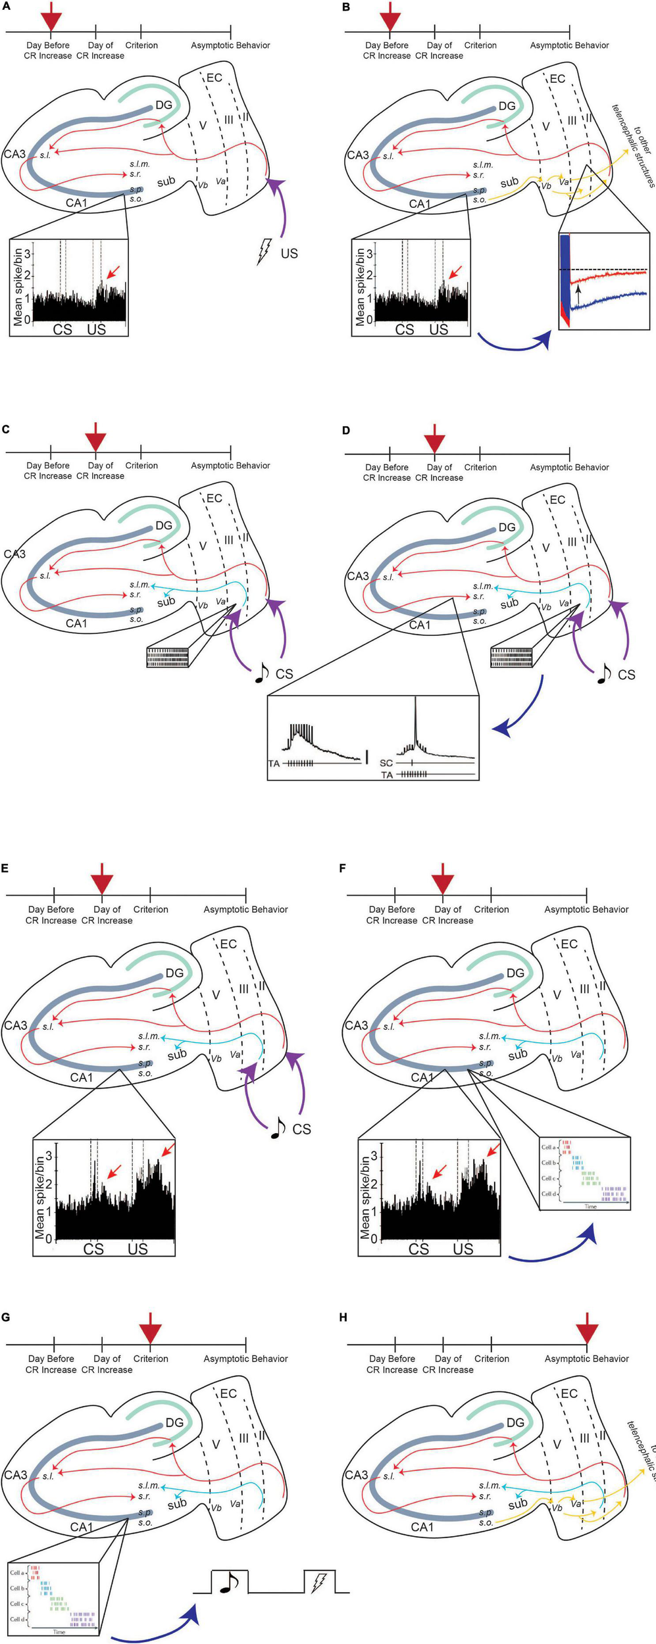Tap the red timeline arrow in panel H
click(x=586, y=1327)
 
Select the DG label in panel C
click(x=164, y=525)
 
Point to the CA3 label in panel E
click(x=16, y=1025)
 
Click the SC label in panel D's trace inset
click(x=386, y=763)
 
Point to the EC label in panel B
click(x=557, y=79)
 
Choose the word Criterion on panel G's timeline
click(x=151, y=1358)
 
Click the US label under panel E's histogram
click(x=138, y=1248)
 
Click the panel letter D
click(x=346, y=431)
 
